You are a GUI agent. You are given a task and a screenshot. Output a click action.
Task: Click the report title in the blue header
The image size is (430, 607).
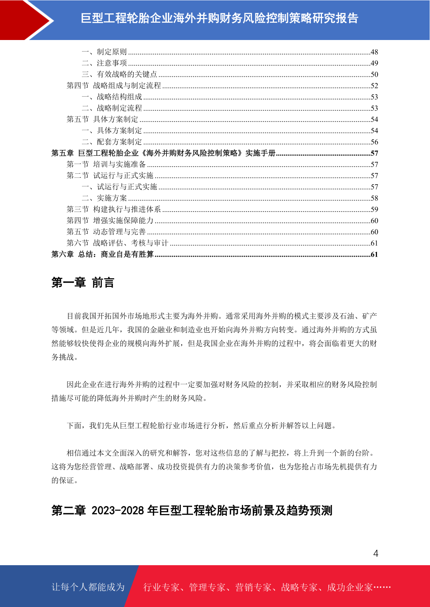(219, 18)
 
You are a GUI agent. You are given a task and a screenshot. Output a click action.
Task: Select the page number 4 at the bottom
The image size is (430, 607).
(375, 553)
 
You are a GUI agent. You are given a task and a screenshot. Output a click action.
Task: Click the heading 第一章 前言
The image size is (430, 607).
(83, 283)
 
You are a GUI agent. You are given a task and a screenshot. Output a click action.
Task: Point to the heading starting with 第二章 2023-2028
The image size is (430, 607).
(192, 510)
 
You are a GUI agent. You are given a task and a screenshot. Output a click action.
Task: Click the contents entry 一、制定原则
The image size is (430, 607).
(104, 52)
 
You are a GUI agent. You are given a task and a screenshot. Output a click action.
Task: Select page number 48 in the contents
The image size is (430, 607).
(374, 52)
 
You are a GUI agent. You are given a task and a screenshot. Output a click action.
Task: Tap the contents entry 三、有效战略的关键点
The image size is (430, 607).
(120, 74)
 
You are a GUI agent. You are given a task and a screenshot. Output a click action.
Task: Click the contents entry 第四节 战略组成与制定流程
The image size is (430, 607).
(114, 85)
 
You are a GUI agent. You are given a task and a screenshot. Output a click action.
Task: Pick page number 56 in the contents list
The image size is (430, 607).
(374, 142)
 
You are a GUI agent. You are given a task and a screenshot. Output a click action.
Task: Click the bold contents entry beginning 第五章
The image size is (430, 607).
(163, 153)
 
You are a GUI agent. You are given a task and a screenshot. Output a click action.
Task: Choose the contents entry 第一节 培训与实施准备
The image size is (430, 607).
(106, 164)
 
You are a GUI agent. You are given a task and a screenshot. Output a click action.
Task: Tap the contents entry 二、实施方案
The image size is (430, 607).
(104, 198)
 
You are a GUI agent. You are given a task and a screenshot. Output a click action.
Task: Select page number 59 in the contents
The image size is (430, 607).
(374, 209)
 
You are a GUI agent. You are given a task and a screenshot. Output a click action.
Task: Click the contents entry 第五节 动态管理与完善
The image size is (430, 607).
(106, 232)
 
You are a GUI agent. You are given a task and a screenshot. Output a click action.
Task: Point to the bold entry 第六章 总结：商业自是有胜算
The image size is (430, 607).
(103, 254)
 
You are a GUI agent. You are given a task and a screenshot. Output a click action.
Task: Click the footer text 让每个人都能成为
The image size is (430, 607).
(88, 587)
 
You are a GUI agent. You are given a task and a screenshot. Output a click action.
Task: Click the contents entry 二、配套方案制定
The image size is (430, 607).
(112, 142)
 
